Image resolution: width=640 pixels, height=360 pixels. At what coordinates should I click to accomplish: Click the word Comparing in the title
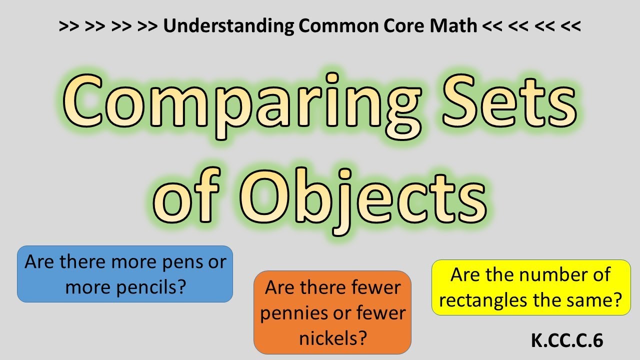[235, 102]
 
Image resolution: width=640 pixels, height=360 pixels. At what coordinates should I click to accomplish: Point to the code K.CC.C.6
[567, 340]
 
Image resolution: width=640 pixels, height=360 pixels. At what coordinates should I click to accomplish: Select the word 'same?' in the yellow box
[596, 300]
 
